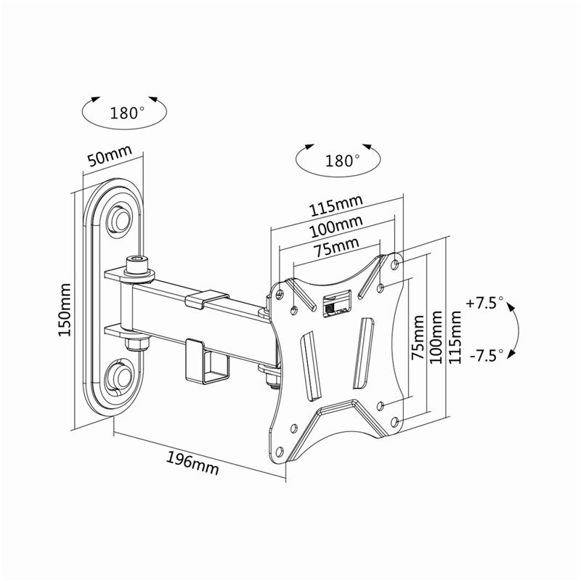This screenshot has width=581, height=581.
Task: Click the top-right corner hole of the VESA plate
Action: click(x=394, y=262)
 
